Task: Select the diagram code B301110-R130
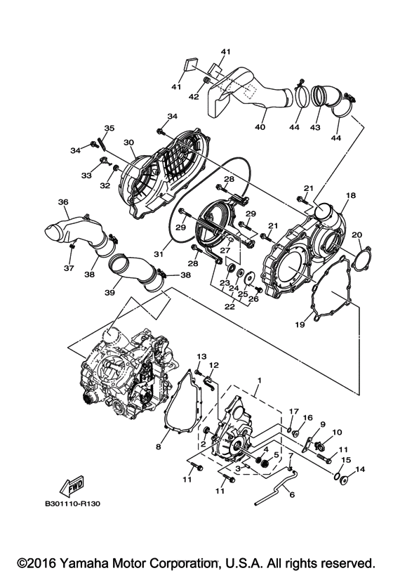(75, 503)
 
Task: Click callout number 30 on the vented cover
(128, 143)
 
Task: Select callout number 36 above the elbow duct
(63, 202)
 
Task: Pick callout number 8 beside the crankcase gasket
(159, 446)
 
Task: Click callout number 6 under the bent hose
(292, 494)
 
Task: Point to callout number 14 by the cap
(361, 470)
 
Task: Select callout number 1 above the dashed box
(259, 380)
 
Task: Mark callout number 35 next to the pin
(109, 128)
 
